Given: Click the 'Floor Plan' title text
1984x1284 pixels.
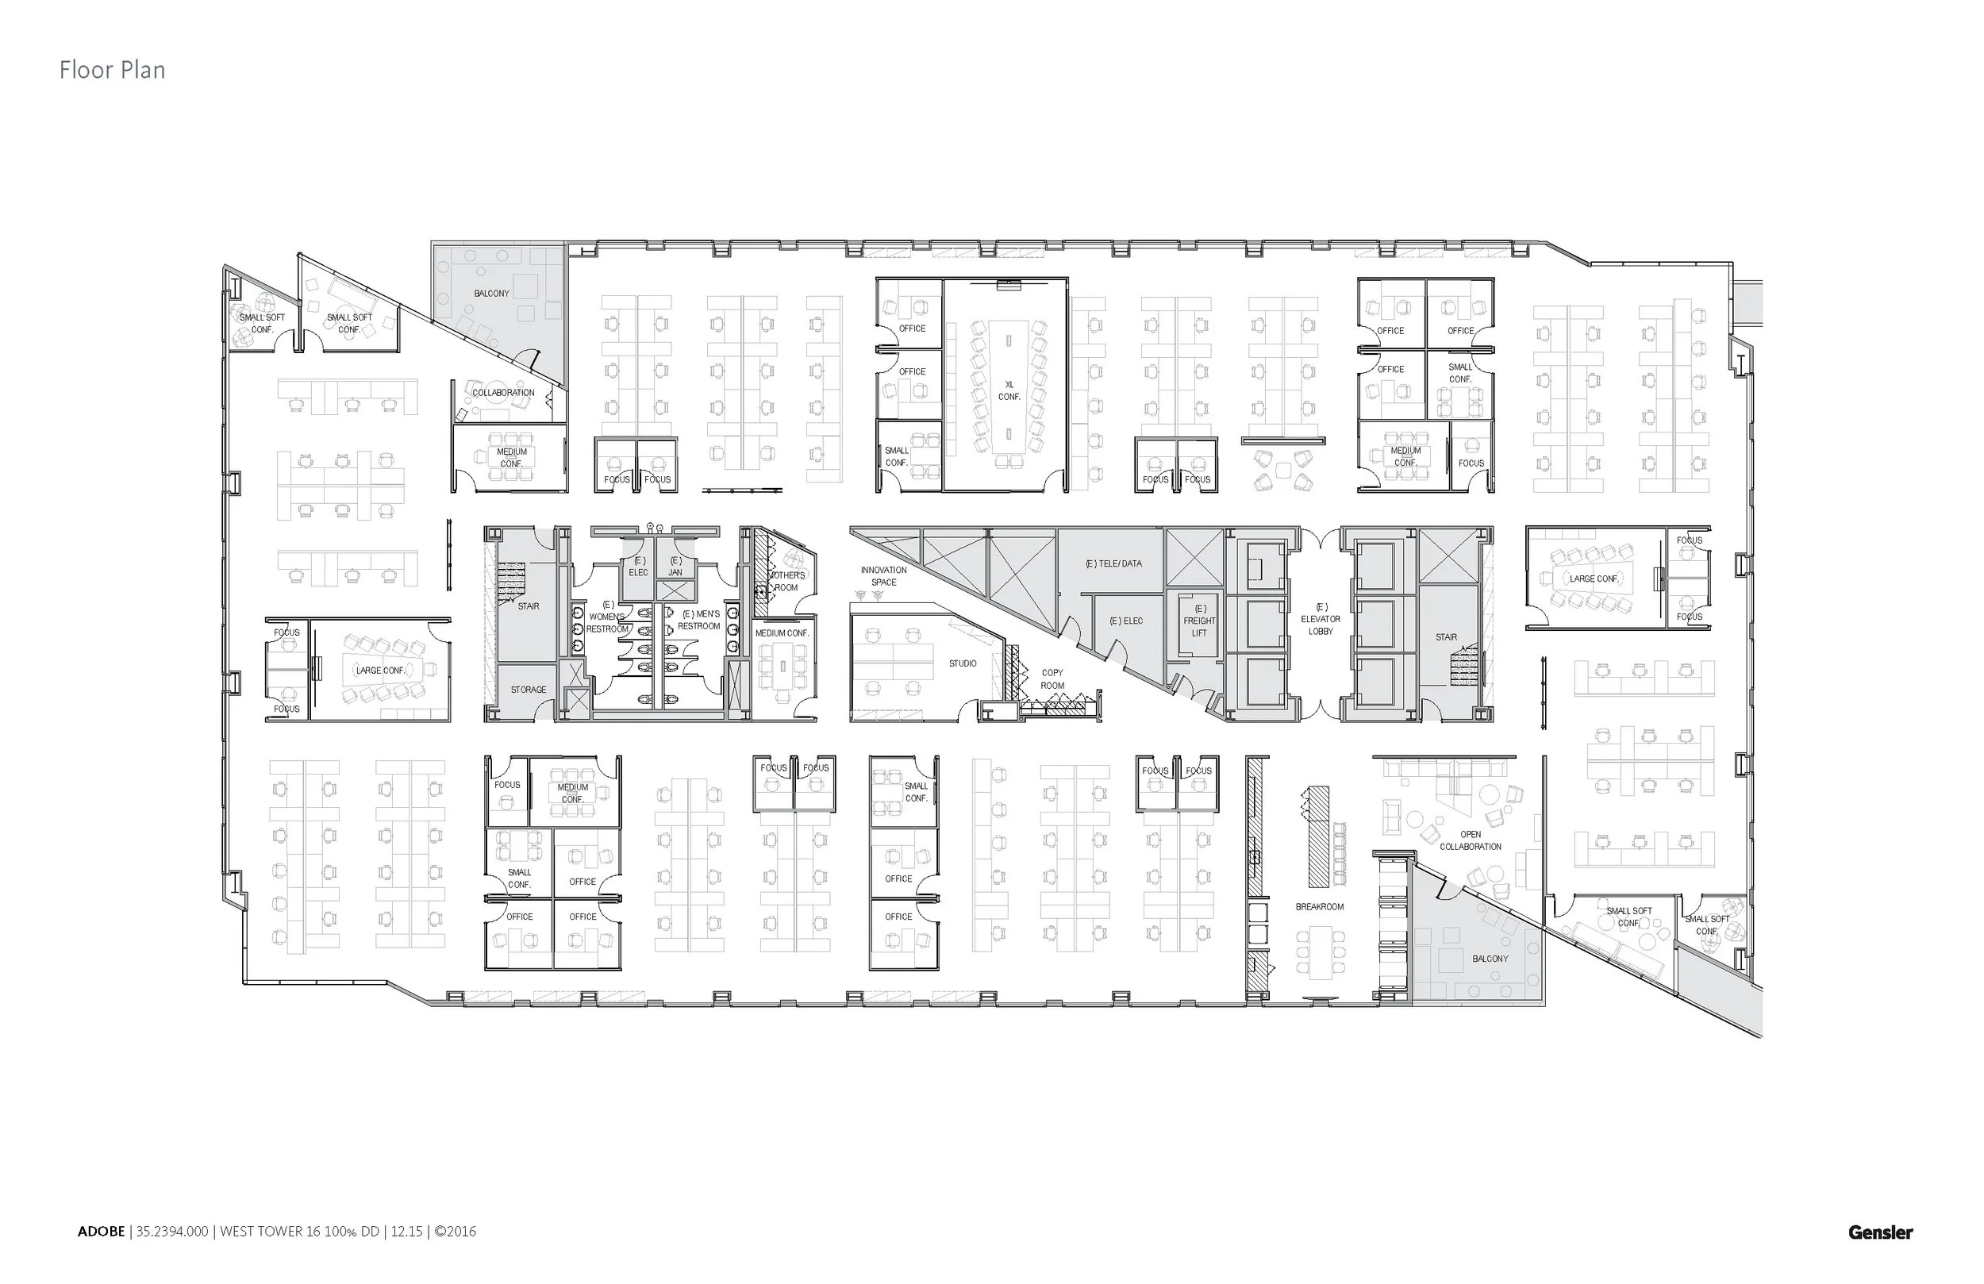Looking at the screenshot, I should pyautogui.click(x=112, y=70).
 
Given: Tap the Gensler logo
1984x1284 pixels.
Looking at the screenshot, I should pyautogui.click(x=1880, y=1232).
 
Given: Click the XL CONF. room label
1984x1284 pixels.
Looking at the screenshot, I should pyautogui.click(x=1009, y=391).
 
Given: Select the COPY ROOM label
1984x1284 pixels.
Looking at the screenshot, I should pyautogui.click(x=1052, y=679).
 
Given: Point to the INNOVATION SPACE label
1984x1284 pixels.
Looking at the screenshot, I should pyautogui.click(x=883, y=576).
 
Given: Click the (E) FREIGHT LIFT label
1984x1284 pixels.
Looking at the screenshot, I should pyautogui.click(x=1200, y=621).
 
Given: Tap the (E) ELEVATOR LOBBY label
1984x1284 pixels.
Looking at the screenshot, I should pyautogui.click(x=1321, y=620).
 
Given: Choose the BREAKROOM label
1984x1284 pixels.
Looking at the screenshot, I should pyautogui.click(x=1319, y=906).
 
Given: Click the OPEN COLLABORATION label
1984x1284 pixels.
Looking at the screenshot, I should pyautogui.click(x=1471, y=840).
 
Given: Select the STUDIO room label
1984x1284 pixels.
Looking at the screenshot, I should pyautogui.click(x=962, y=663).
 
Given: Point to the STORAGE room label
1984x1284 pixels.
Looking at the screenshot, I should pyautogui.click(x=529, y=690).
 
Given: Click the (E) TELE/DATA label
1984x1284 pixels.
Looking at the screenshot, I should pyautogui.click(x=1113, y=563).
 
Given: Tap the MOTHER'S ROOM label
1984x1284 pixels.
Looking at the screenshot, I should pyautogui.click(x=787, y=581).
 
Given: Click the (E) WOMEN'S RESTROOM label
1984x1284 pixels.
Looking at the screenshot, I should pyautogui.click(x=607, y=617).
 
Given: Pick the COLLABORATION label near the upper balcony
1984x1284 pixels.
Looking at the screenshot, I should pyautogui.click(x=503, y=393).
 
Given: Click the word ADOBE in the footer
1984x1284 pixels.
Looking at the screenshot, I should pyautogui.click(x=101, y=1232).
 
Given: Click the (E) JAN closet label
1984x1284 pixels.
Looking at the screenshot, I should pyautogui.click(x=675, y=567).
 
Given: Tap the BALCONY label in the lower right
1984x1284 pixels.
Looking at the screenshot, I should pyautogui.click(x=1490, y=959).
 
